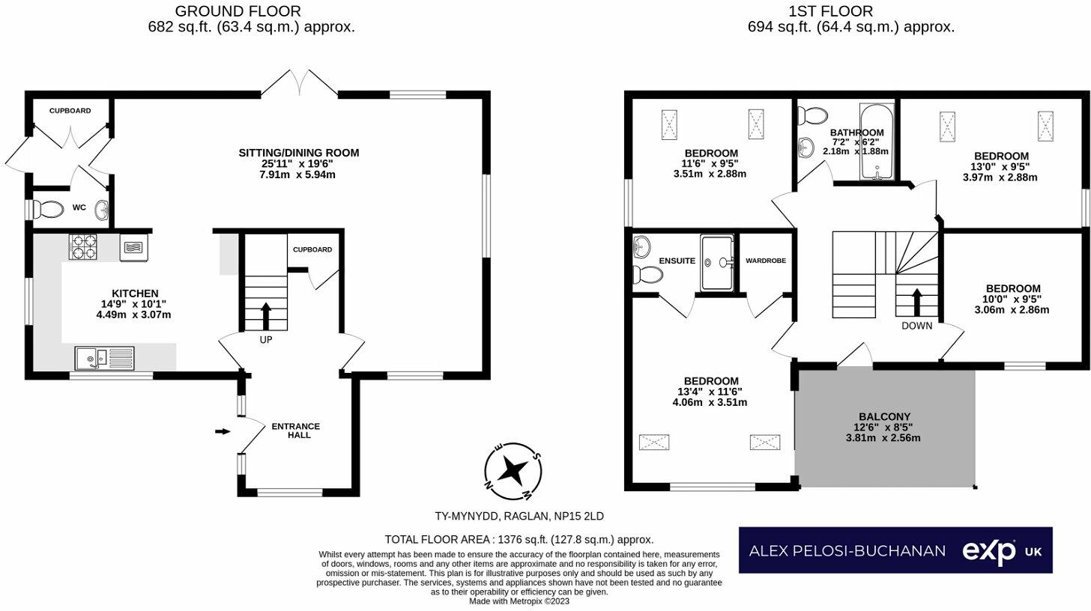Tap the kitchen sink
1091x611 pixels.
pos(104,359)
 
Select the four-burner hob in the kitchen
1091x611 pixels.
pos(83,246)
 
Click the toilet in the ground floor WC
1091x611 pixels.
pos(49,210)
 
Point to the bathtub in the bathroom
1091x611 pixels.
pos(877,142)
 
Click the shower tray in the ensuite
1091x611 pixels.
pos(717,263)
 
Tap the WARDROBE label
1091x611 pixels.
pos(766,261)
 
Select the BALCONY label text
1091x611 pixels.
pos(884,416)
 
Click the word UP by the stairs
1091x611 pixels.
pos(265,340)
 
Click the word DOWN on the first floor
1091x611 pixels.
pos(916,326)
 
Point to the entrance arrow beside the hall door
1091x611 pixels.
pos(223,431)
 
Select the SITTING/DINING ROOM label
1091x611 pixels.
pos(298,153)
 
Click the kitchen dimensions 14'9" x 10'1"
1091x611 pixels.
pos(135,304)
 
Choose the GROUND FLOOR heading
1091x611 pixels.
pos(238,11)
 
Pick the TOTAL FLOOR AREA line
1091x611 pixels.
pos(519,539)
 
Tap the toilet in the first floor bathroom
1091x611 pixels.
pos(812,116)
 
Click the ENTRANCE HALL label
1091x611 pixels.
pos(296,431)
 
